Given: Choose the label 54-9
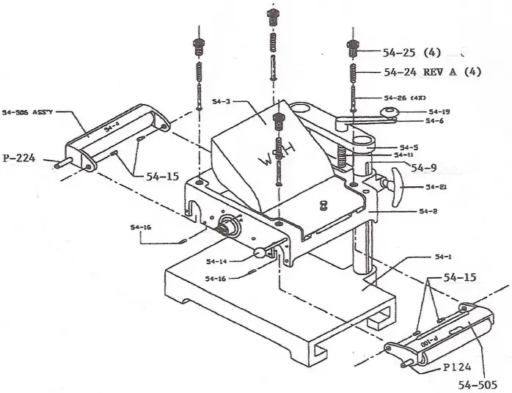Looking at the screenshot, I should (x=424, y=167).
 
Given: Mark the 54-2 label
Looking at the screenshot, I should (x=427, y=211).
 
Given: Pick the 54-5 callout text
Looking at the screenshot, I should (x=409, y=146).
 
